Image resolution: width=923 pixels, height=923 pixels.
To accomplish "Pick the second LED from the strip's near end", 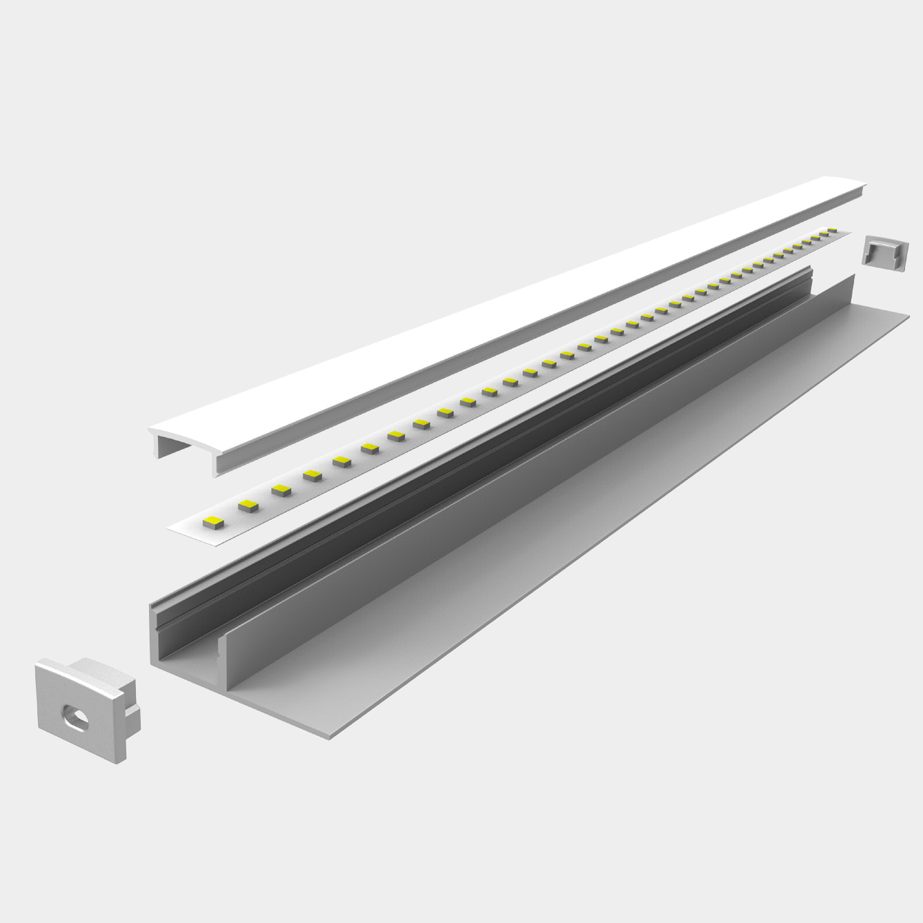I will (x=248, y=506).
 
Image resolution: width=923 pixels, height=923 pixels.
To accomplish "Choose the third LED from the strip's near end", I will (x=281, y=490).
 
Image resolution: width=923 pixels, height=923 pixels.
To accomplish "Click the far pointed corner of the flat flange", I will (x=907, y=317).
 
